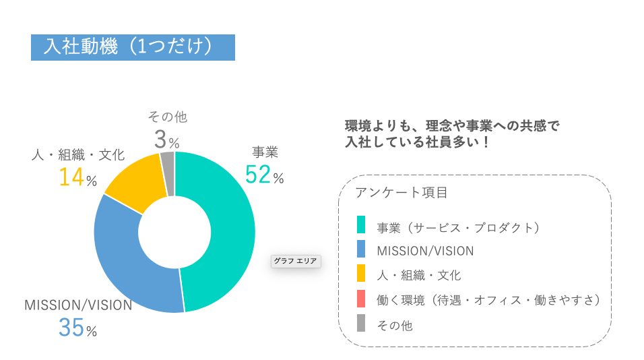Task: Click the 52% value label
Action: (x=264, y=175)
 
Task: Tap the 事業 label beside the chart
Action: (x=265, y=152)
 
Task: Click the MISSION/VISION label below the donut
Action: (x=78, y=305)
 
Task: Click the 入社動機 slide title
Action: (x=133, y=47)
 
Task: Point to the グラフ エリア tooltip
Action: (x=296, y=261)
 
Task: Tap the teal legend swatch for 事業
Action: (x=361, y=225)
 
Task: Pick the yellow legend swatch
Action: (x=361, y=273)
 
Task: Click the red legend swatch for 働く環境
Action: (x=361, y=298)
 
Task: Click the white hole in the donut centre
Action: (x=174, y=232)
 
